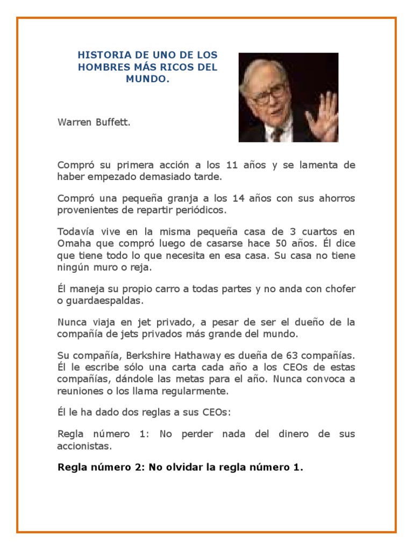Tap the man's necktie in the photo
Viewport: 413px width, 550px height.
[x=277, y=134]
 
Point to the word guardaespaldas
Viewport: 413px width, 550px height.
[x=99, y=300]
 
